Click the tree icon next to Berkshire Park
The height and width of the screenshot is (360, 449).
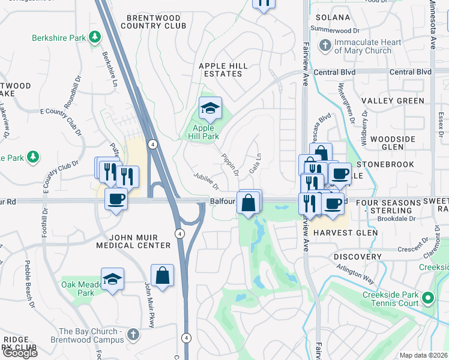tap(94, 38)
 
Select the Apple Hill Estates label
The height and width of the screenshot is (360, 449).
tap(220, 70)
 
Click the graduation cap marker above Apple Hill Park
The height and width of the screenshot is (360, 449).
tap(210, 109)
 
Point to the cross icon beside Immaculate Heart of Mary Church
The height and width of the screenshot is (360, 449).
tap(325, 46)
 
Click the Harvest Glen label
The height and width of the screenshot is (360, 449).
tap(345, 232)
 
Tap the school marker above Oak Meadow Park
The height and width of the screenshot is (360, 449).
tap(112, 280)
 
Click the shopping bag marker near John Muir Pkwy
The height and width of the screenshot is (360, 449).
tap(162, 277)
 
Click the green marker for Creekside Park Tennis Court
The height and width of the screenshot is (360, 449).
tap(428, 298)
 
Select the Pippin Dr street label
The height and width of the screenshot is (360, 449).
tap(231, 164)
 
